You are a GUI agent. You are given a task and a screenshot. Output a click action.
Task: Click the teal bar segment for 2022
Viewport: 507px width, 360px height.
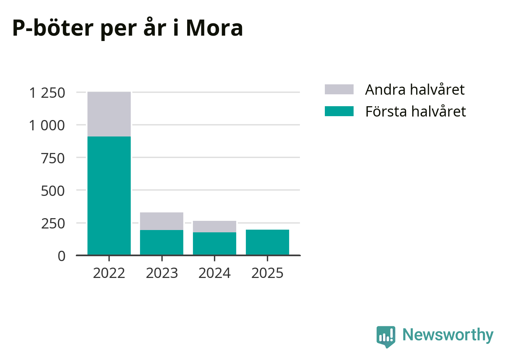[109, 196]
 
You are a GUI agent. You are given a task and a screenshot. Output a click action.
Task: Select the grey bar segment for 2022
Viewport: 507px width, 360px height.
[109, 114]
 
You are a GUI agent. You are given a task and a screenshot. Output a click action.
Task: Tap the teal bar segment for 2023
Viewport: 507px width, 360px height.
[161, 242]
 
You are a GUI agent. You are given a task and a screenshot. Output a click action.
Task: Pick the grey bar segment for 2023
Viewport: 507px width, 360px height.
[161, 221]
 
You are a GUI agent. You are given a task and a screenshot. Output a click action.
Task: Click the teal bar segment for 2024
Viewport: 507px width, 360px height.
[214, 243]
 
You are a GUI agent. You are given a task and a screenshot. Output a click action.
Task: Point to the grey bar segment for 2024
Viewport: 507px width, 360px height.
[214, 226]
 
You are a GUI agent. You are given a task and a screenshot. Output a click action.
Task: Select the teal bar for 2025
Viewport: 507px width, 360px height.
[267, 242]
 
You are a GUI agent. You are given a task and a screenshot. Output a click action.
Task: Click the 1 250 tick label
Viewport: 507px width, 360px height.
[47, 93]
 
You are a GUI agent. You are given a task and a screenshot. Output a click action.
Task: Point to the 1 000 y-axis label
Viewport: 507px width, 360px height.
[47, 125]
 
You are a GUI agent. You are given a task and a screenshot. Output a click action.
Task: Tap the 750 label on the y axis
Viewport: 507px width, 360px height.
[53, 158]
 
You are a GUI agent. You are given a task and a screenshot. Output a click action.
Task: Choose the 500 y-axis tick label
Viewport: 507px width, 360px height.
[53, 191]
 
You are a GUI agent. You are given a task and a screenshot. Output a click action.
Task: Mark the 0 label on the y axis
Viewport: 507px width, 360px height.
[61, 256]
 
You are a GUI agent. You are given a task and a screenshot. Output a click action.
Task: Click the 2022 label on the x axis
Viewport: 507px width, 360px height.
[109, 273]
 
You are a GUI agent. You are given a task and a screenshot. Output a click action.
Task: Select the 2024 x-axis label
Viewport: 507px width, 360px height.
[214, 273]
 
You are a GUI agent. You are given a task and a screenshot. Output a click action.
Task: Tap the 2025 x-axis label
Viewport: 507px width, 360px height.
[267, 273]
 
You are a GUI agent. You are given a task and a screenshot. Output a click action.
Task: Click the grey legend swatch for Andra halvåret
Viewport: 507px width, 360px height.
[339, 89]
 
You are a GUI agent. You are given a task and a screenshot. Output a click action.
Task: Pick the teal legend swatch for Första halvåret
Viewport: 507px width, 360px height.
[339, 111]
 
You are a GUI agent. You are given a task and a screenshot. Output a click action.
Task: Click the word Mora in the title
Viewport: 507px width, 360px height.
[214, 28]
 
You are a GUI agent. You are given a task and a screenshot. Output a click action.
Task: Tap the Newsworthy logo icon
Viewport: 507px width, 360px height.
[386, 336]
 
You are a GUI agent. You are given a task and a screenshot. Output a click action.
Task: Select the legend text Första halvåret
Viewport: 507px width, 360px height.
[415, 111]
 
